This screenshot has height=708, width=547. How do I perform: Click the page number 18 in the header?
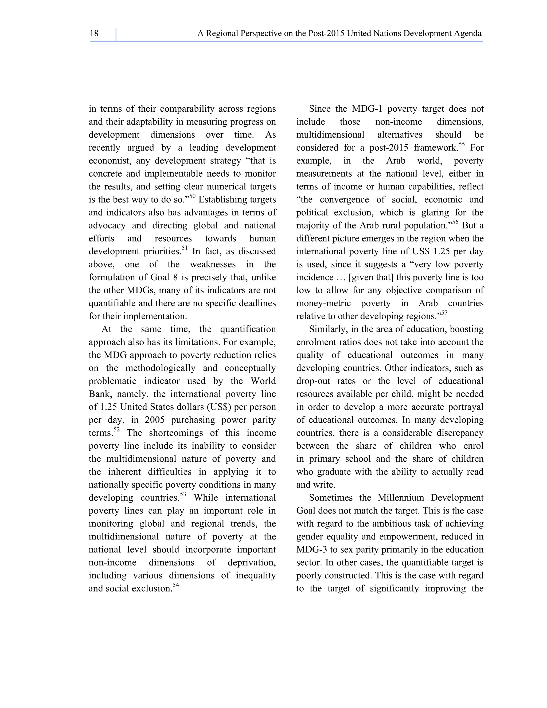(94, 33)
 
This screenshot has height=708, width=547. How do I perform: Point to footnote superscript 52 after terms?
(117, 430)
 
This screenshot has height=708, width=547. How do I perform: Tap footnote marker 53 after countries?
(183, 494)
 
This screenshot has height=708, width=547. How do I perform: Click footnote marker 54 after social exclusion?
(176, 585)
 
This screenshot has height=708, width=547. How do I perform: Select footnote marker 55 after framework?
(462, 144)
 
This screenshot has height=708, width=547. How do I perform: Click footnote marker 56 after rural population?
(455, 222)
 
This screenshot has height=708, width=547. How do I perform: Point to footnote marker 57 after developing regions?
(444, 313)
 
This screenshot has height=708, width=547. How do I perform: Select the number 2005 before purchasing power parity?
(155, 420)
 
